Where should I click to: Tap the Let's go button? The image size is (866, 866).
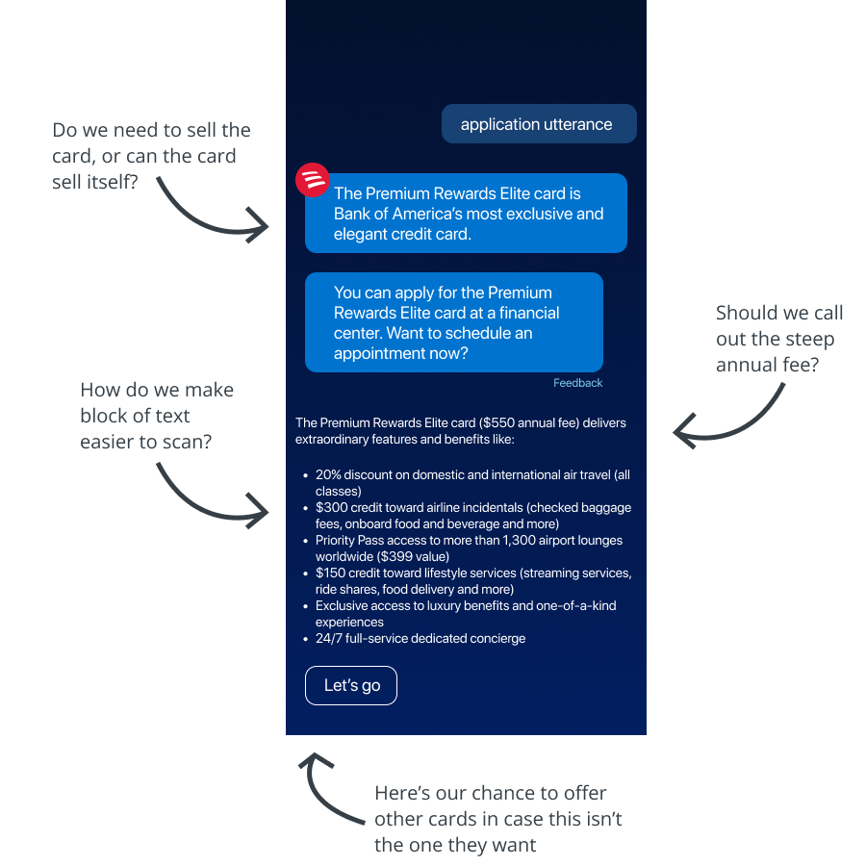(x=351, y=685)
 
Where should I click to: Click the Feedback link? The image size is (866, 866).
(x=577, y=383)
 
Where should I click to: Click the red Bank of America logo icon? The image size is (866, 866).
(x=313, y=180)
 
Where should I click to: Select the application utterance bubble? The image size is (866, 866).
(x=539, y=124)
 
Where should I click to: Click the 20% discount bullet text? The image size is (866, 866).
(x=472, y=483)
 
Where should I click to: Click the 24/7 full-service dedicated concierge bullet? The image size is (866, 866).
(x=420, y=639)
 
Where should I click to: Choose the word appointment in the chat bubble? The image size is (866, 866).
(x=374, y=354)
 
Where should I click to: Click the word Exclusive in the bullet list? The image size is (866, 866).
(x=341, y=606)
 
